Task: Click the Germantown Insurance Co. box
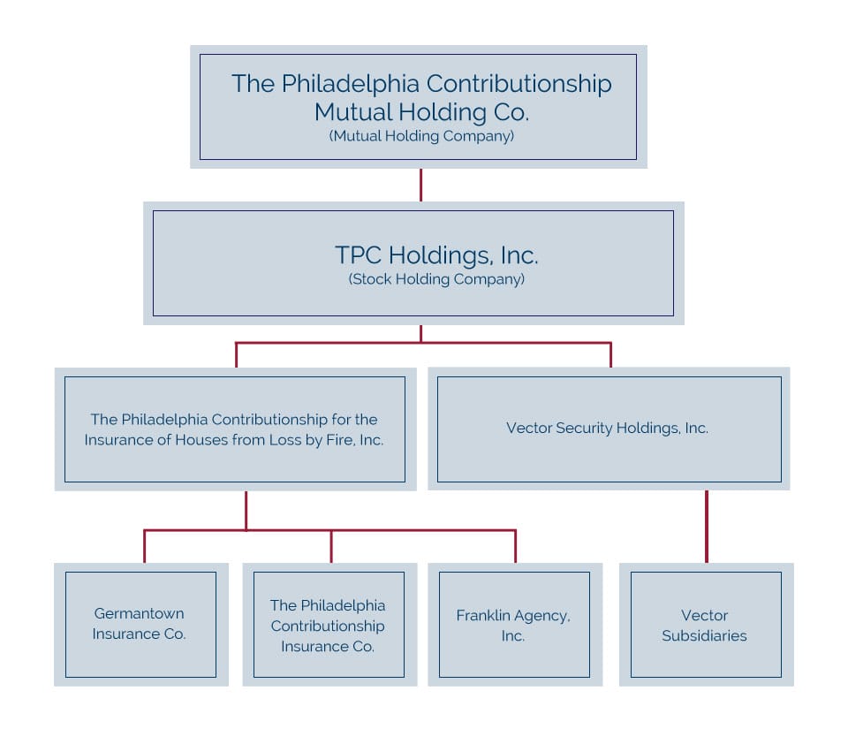[140, 624]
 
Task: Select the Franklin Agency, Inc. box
[514, 624]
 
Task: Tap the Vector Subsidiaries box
[705, 624]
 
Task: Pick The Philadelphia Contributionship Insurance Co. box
[328, 624]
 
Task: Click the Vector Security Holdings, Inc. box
[608, 429]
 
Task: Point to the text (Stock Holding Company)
[436, 279]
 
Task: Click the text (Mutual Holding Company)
[421, 136]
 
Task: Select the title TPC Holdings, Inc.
[436, 254]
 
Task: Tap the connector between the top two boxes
[420, 185]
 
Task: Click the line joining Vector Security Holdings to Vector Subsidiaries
[706, 526]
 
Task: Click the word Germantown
[140, 613]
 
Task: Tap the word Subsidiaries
[705, 635]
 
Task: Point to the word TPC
[358, 254]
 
